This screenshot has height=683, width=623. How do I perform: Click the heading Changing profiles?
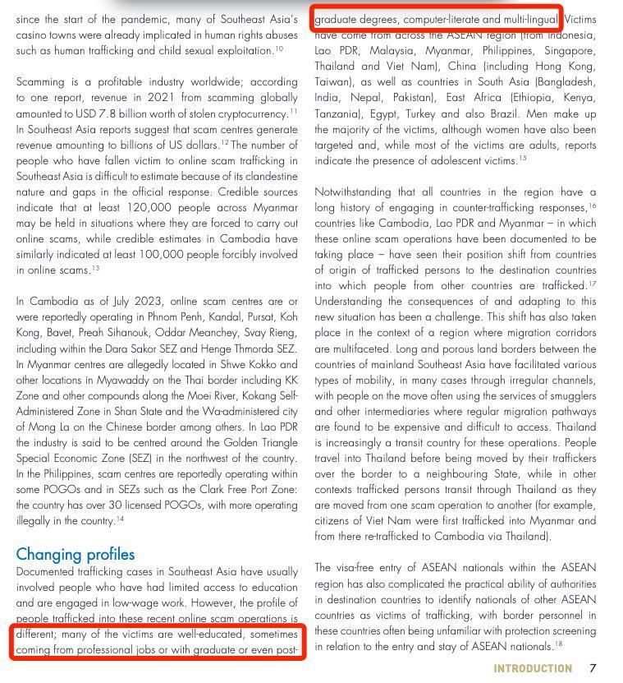tap(75, 554)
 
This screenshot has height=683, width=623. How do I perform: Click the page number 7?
tap(593, 667)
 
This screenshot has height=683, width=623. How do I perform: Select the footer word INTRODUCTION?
tap(533, 668)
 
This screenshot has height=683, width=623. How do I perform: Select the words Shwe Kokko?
tap(254, 364)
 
